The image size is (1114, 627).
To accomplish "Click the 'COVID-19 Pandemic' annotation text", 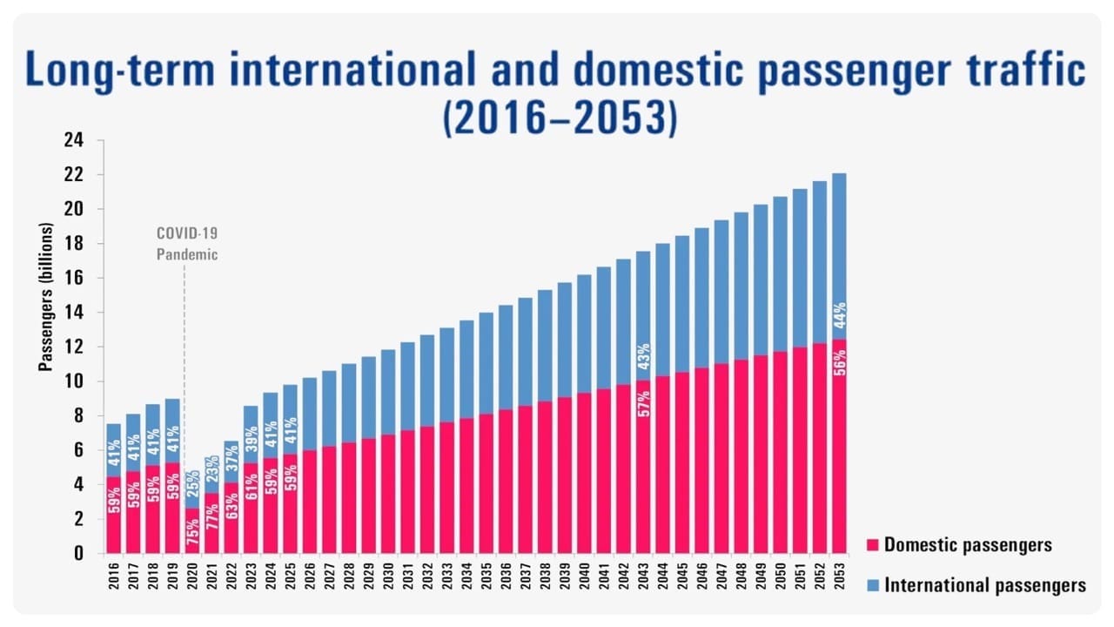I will [186, 244].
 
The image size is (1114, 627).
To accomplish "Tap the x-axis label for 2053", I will [838, 576].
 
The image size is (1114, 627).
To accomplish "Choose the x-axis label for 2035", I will [486, 576].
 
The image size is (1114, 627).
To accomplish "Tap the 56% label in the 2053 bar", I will [839, 360].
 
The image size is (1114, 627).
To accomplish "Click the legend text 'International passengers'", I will [984, 585].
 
